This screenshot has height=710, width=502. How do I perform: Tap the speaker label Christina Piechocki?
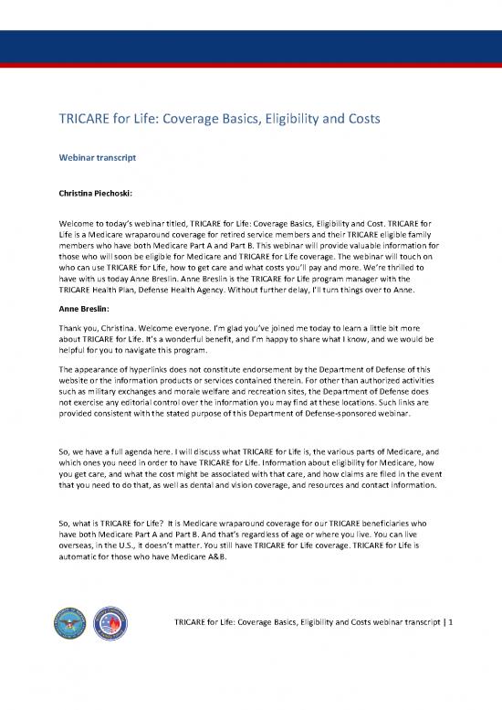[x=102, y=194]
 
